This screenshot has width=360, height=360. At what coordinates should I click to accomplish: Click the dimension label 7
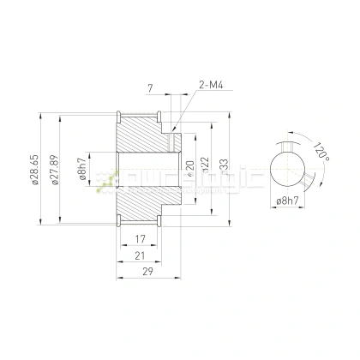click(x=150, y=88)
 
